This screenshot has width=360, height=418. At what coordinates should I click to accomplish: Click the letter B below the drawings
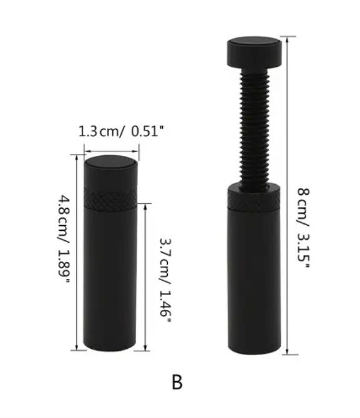pos(177,382)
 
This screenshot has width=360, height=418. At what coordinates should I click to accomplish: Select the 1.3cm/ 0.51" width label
pos(121,131)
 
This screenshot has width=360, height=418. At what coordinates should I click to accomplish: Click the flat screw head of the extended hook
pos(255,52)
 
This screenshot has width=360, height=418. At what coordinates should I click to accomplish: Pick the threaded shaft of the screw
pos(254,127)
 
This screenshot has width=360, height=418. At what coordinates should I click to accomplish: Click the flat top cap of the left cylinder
pos(111,162)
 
